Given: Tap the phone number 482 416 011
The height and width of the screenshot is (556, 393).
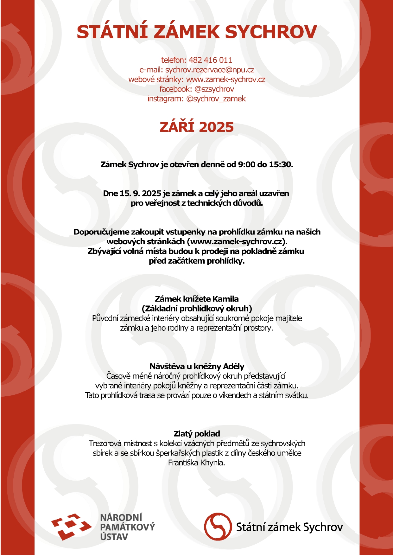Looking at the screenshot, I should coord(210,60).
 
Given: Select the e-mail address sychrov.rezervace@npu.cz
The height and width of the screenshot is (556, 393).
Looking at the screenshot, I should coord(210,70).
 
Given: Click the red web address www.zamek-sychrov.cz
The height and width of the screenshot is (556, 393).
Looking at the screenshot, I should coord(225,79).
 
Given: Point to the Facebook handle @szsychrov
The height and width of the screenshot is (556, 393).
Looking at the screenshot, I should coord(214,89).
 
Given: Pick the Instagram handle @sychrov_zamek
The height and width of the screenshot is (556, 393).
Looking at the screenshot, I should coord(216,99).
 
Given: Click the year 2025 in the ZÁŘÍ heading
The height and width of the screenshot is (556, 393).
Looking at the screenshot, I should coord(217,127).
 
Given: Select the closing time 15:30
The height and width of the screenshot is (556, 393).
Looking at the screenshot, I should coord(280,164).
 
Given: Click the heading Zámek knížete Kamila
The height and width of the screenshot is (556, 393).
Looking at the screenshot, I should coord(197,299).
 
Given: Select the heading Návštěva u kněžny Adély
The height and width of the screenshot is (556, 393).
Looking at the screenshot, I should coord(197,366).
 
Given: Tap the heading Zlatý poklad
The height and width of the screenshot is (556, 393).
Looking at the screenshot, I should coord(197,433).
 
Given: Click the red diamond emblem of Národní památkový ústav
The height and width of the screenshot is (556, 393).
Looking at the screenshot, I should coord(71,527).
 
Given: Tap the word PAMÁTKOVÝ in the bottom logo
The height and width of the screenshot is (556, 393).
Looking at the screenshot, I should coord(128,527).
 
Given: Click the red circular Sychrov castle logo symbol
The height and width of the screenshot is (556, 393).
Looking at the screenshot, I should coord(218,527).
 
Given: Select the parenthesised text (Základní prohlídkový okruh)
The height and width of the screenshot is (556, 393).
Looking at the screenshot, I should coord(197,308).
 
